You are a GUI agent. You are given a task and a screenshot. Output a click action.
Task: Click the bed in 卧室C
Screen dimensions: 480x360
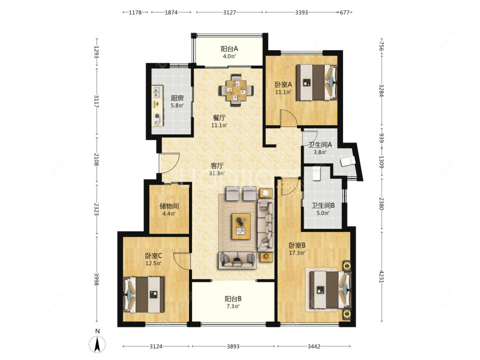coord(143,294)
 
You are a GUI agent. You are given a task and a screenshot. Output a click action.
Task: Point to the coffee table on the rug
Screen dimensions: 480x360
coord(241,226)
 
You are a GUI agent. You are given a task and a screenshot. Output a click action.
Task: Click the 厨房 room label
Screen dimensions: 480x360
coord(177,98)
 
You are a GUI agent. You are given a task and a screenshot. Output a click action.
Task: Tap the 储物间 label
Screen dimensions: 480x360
coord(169,206)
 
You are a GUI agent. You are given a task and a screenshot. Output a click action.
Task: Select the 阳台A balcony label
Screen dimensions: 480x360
coord(229,49)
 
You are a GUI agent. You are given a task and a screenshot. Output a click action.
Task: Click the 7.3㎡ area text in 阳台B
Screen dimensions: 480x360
coord(233,306)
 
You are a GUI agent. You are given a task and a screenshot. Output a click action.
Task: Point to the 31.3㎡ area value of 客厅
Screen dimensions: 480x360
coord(217,173)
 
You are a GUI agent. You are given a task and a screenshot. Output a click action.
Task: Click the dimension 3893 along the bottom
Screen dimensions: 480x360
coord(233,346)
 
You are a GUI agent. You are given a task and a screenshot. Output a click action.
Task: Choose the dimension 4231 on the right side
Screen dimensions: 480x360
coord(381,276)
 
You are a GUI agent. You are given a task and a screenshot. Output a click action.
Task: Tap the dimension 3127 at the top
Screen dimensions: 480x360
coord(229,12)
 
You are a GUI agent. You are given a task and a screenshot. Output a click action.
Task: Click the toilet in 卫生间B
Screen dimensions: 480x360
coord(316,173)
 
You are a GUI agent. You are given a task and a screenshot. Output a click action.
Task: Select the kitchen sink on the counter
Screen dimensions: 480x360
coord(157,92)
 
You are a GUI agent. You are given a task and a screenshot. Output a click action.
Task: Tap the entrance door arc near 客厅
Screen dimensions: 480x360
coord(169,162)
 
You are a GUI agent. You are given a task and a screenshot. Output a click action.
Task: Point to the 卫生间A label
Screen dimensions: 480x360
coord(320,145)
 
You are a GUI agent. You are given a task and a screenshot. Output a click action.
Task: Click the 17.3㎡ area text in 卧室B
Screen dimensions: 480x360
coord(297,253)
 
